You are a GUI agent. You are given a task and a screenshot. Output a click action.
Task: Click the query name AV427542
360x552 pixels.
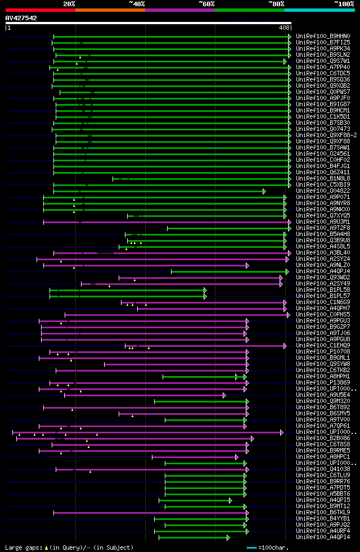pyautogui.click(x=21, y=18)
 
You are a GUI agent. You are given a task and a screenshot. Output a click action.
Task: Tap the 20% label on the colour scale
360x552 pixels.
pyautogui.click(x=69, y=3)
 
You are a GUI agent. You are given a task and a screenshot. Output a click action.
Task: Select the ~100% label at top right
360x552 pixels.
pyautogui.click(x=344, y=3)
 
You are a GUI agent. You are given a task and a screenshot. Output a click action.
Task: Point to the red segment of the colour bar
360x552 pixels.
pyautogui.click(x=40, y=10)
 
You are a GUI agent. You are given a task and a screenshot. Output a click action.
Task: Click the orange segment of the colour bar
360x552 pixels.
pyautogui.click(x=110, y=10)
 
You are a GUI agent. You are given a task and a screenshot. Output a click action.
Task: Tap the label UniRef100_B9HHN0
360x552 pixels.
pyautogui.click(x=323, y=37)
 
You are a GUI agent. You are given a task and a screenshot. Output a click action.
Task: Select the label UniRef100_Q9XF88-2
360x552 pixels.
pyautogui.click(x=326, y=135)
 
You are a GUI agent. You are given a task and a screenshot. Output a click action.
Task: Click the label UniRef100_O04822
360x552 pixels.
pyautogui.click(x=323, y=191)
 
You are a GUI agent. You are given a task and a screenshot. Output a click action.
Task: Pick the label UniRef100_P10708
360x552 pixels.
pyautogui.click(x=323, y=352)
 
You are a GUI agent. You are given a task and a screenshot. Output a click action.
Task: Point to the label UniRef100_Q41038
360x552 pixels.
pyautogui.click(x=323, y=469)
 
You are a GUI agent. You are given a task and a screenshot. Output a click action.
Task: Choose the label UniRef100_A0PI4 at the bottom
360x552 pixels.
pyautogui.click(x=323, y=537)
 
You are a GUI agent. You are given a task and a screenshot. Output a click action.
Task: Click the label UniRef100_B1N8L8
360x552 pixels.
pyautogui.click(x=323, y=179)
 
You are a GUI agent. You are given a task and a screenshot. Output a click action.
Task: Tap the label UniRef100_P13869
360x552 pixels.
pyautogui.click(x=323, y=383)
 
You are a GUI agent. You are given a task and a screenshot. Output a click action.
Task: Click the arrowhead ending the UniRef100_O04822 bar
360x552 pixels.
pyautogui.click(x=264, y=191)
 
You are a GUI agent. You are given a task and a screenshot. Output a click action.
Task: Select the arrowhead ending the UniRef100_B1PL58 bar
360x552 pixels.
pyautogui.click(x=205, y=290)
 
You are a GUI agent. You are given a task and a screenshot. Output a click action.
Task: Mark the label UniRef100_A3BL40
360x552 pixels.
pyautogui.click(x=323, y=253)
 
